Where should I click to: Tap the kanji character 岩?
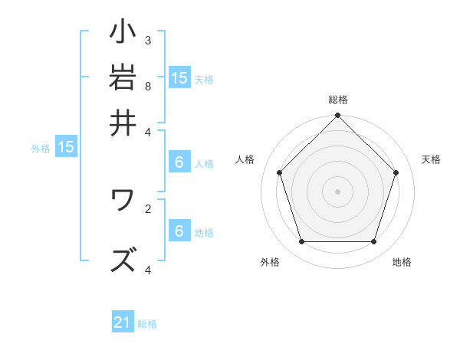[123, 78]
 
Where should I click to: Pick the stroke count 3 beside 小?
[148, 40]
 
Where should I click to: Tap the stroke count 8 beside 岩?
[148, 87]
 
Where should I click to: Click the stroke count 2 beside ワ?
[148, 207]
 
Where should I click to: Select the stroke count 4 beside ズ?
[148, 270]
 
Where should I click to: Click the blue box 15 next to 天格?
[179, 77]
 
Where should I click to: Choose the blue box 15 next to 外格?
[66, 148]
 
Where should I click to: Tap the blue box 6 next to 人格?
[179, 162]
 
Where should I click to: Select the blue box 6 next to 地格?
[179, 231]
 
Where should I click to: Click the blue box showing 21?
[123, 323]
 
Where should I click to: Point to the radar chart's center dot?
[337, 191]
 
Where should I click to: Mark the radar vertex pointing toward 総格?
[337, 116]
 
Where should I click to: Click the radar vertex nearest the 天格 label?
[396, 172]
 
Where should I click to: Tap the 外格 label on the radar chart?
[270, 262]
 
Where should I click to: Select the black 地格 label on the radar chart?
[402, 262]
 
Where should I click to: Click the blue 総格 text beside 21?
[147, 324]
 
